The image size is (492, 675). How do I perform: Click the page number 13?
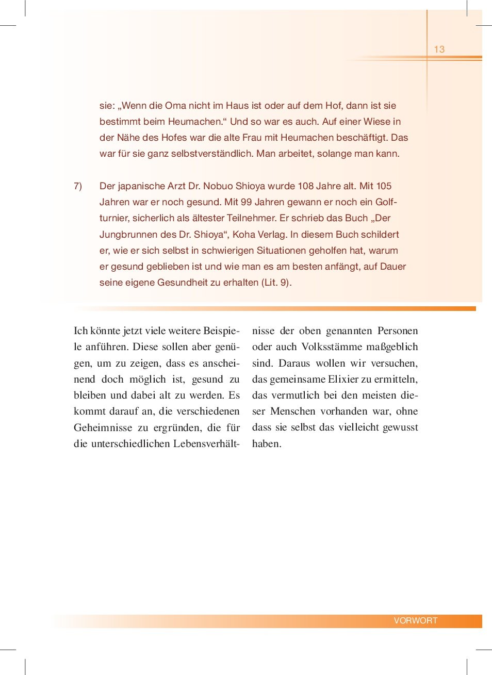(x=439, y=50)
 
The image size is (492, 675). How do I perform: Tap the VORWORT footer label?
(x=415, y=620)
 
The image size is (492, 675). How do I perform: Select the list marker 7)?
(x=78, y=186)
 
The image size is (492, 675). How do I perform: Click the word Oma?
(x=175, y=106)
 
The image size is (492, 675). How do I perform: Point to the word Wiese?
(x=377, y=122)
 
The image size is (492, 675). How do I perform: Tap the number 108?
(x=306, y=186)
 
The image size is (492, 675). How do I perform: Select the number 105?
(x=383, y=186)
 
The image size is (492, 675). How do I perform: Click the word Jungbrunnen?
(x=128, y=235)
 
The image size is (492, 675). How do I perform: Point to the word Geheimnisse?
(x=103, y=427)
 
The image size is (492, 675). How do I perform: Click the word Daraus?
(x=294, y=364)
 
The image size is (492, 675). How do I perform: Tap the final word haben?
(x=266, y=444)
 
